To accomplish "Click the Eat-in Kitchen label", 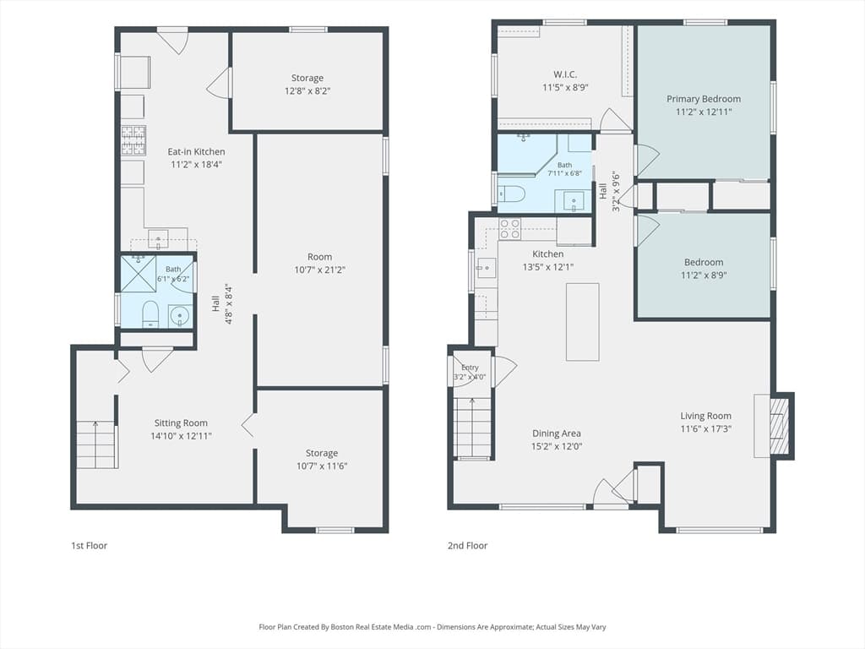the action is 196,152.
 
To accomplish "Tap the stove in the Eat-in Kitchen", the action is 133,140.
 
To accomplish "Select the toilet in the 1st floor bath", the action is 150,314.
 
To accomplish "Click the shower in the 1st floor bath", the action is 139,273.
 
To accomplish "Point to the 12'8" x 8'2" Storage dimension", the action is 307,90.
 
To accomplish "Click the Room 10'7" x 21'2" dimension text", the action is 320,270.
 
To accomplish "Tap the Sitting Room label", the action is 181,423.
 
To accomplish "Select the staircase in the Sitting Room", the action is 96,444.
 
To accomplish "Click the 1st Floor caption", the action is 89,546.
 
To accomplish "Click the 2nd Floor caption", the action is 467,546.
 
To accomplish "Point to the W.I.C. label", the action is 565,74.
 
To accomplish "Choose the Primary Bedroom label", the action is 704,100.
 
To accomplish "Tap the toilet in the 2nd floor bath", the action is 512,194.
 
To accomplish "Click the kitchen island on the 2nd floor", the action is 583,322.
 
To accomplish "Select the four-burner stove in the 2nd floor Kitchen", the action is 509,229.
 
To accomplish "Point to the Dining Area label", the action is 556,434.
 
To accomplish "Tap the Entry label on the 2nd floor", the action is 470,368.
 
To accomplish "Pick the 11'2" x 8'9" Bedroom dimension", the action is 704,275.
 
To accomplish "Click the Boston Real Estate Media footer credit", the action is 432,627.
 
